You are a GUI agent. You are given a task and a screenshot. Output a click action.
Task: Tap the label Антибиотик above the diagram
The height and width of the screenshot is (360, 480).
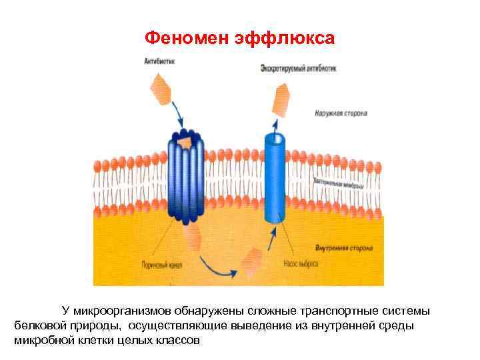pyautogui.click(x=158, y=62)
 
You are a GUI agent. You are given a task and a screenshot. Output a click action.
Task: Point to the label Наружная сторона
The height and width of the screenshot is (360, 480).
pyautogui.click(x=341, y=113)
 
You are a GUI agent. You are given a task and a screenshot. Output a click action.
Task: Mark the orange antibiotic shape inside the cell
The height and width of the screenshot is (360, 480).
pyautogui.click(x=253, y=259)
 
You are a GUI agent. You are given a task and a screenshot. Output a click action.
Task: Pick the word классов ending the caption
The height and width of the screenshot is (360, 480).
pyautogui.click(x=177, y=340)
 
